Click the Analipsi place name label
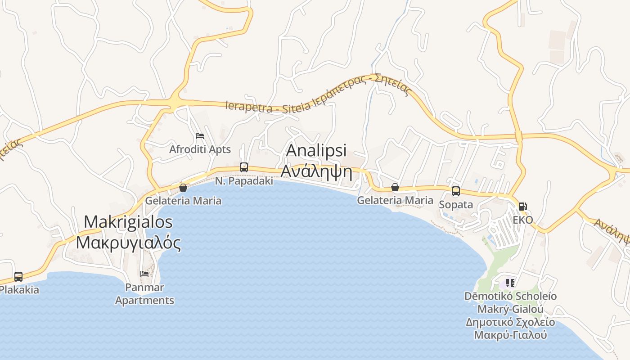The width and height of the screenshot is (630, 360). coord(316,151)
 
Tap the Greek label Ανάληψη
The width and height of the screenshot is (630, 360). coord(316,171)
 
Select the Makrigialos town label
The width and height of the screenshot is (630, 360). coord(128,222)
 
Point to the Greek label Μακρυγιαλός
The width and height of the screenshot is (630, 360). coord(128,243)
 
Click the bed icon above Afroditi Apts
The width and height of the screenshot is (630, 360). coord(200,136)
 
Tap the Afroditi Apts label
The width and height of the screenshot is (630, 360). coord(200,149)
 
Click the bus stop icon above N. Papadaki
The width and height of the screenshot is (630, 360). coord(244,167)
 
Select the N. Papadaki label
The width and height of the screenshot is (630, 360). coord(244,181)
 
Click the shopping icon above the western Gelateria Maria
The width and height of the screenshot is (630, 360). coord(183,187)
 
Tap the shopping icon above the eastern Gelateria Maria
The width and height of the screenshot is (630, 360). coord(395,187)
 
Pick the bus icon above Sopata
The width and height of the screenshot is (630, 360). coord(456,191)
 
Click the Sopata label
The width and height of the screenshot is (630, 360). coord(456,205)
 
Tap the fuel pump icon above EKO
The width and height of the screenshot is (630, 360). coord(523,207)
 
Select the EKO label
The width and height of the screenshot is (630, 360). coord(523,220)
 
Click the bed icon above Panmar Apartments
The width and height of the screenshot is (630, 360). coord(144,274)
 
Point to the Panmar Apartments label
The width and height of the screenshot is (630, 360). coord(144,294)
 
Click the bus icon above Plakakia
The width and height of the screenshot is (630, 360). coord(18,276)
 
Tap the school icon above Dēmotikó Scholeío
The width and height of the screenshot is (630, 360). coord(510,283)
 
